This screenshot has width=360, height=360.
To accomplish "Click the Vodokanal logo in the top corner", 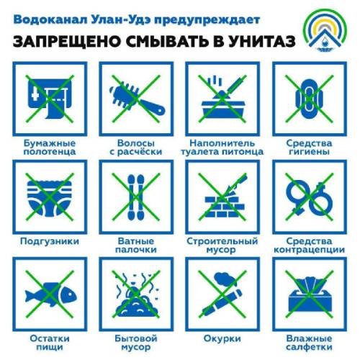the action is click(325, 31).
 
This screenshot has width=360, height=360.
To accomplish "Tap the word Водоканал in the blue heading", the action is click(50, 19).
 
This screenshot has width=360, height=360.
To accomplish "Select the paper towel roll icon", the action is click(50, 99).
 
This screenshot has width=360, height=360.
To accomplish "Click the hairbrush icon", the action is click(137, 100).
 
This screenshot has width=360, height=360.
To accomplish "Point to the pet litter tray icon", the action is click(222, 98).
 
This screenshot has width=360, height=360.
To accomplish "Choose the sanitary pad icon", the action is click(309, 99).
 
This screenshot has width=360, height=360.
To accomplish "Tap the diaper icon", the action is click(50, 197).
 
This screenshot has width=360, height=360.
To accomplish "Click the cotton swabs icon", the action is click(136, 197).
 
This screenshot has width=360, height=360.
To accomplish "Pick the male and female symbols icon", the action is click(309, 197).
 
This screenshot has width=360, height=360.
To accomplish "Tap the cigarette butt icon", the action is click(222, 294).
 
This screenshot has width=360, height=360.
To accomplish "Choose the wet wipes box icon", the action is click(310, 295).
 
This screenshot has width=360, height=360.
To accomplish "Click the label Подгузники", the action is click(50, 241).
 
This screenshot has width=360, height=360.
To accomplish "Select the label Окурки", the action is click(222, 338).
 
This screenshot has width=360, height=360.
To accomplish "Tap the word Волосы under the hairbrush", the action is click(136, 143).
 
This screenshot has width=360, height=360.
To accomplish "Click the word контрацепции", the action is click(309, 250).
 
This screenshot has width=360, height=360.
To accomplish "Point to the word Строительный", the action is click(222, 241).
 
